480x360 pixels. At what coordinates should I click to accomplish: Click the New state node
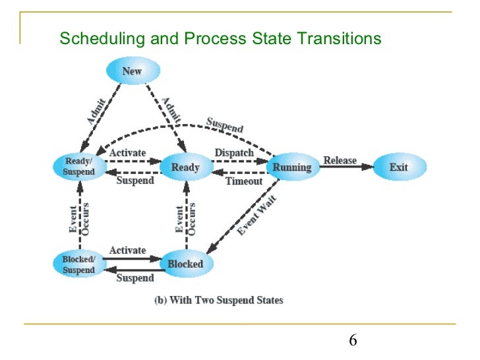point(133,71)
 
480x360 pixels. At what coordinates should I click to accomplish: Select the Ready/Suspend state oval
point(79,167)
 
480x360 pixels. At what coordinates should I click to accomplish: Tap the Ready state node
point(185,167)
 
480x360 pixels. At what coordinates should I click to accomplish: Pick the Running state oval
point(292,167)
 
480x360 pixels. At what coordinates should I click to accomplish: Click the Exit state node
point(399,167)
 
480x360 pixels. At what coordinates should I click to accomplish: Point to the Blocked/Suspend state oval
point(79,264)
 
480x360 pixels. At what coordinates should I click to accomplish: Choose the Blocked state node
point(185,264)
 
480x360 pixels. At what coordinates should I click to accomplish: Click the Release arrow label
point(340,160)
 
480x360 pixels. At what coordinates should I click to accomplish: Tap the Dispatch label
point(234,153)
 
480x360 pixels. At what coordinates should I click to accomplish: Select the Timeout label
point(244,181)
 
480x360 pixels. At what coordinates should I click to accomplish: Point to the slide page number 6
point(353,340)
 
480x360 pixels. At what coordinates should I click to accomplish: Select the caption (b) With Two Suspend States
point(218,301)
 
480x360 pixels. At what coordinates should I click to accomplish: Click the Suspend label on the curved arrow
point(225,125)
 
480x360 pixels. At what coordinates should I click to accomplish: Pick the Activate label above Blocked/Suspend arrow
point(127,251)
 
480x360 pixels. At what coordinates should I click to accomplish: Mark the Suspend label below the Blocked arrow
point(135,278)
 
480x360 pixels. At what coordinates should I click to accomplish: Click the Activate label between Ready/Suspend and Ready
point(127,153)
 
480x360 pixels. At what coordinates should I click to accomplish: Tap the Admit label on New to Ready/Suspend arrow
point(96,111)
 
